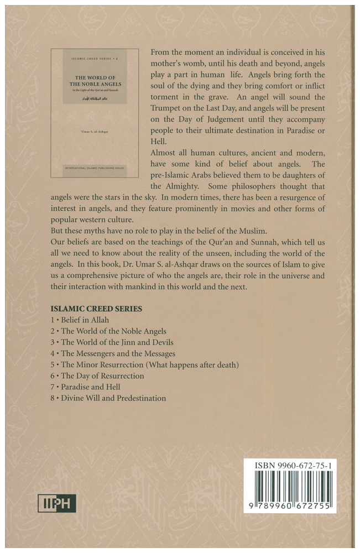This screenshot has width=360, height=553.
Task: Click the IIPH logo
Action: [57, 503]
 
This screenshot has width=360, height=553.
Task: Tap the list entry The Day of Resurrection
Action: [102, 376]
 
